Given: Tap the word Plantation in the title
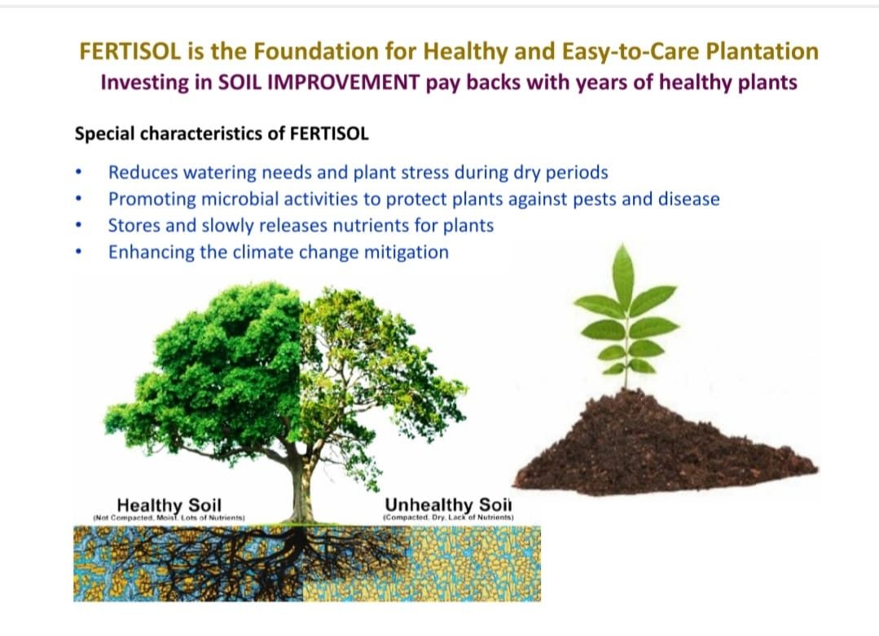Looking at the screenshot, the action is coord(762,51).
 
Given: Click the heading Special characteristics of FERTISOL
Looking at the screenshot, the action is coord(222,135).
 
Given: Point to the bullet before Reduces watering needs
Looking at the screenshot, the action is coord(79,172).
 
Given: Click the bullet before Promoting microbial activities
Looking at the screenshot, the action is coord(79,199).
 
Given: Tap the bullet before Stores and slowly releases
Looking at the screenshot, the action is coord(79,225).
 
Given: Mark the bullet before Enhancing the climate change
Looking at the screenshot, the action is coord(79,252).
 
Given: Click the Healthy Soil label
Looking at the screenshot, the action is coord(169,505).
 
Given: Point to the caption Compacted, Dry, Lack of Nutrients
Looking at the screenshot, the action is coord(448,517).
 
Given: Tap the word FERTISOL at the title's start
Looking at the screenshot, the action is coord(130,51).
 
